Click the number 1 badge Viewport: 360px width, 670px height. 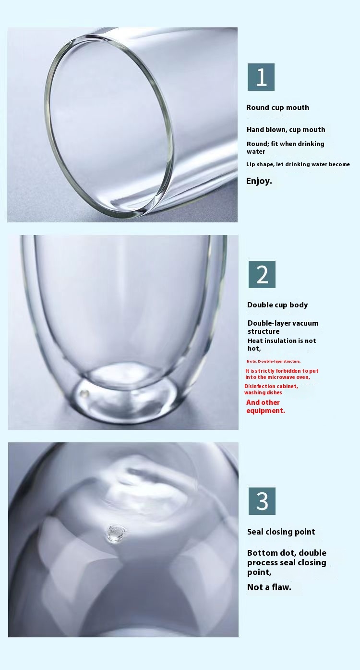pos(261,77)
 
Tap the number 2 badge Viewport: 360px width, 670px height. pos(262,274)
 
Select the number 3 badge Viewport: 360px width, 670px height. pos(262,501)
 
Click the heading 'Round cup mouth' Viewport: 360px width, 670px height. pos(277,108)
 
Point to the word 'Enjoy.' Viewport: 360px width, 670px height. pos(259,181)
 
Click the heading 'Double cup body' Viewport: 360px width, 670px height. pos(277,305)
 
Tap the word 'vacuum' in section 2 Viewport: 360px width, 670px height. pos(305,323)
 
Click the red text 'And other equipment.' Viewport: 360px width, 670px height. pos(265,406)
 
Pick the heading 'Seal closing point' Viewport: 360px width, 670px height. pos(281,532)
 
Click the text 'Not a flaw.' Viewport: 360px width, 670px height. pos(269,587)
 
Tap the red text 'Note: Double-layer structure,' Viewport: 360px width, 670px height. pos(274,362)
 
